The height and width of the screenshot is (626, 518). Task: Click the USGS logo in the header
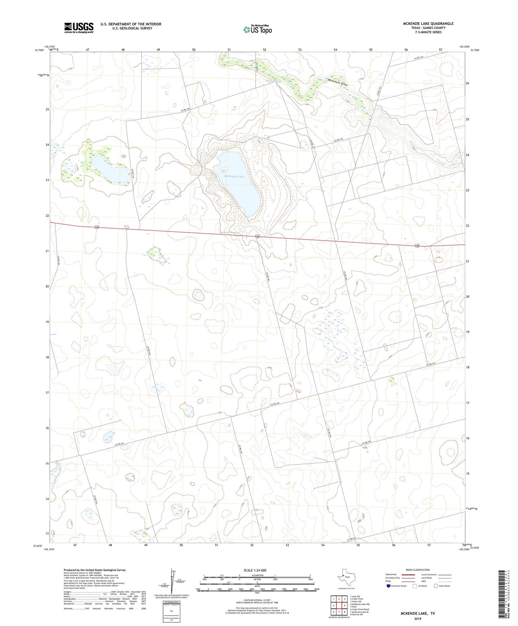79,28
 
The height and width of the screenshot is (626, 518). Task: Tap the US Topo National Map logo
257,29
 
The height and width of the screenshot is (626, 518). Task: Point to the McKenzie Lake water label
234,176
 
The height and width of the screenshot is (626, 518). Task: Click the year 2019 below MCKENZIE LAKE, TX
418,618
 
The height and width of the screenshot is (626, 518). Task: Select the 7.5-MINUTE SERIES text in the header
428,32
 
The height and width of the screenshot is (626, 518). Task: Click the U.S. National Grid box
171,611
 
